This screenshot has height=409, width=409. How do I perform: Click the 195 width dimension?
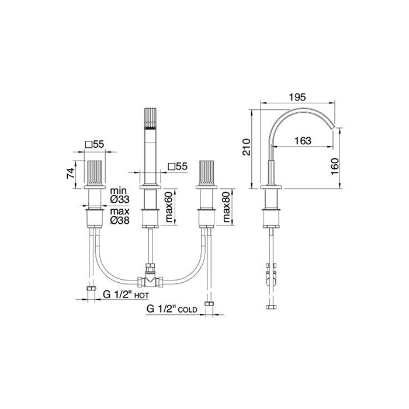click(297, 98)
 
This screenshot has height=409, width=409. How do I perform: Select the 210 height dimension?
click(246, 147)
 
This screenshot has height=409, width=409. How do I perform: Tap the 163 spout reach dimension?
click(303, 141)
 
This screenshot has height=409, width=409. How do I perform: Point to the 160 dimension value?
click(334, 167)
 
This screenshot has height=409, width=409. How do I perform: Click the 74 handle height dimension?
click(71, 173)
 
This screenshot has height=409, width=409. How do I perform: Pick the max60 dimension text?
click(169, 207)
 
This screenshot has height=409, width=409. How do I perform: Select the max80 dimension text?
click(226, 207)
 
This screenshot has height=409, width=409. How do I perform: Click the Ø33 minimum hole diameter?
click(120, 200)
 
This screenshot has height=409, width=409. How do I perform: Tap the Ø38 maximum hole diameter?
click(120, 220)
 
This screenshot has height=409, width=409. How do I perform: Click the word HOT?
click(141, 296)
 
